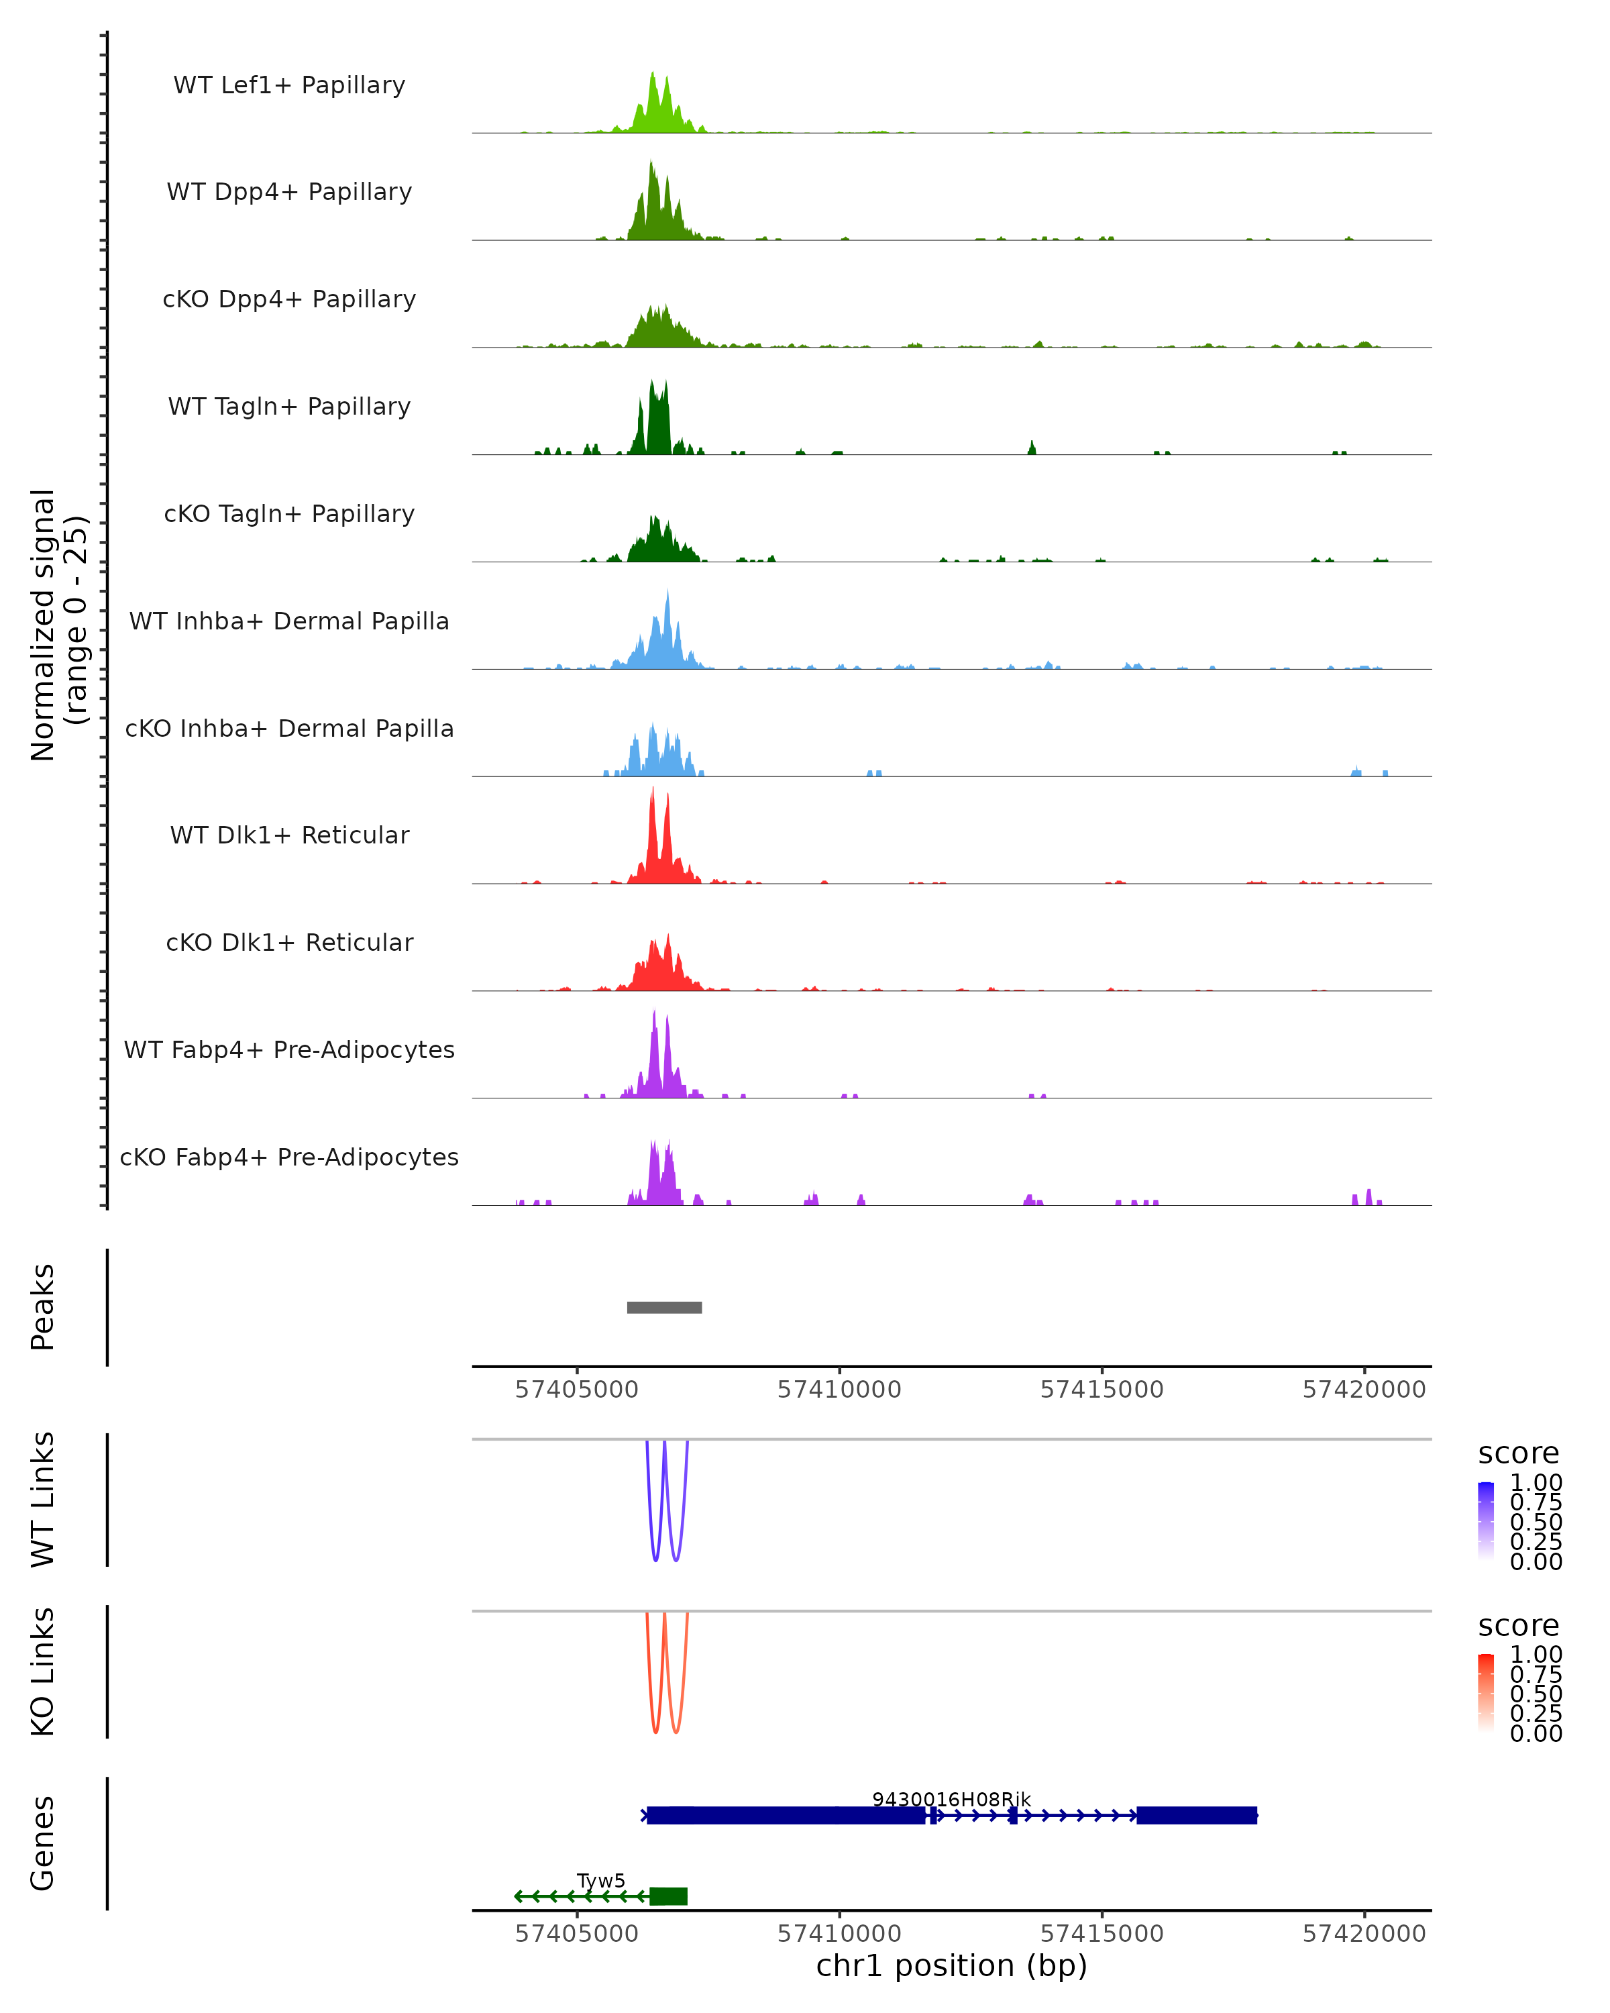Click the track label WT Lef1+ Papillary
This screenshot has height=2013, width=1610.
point(289,85)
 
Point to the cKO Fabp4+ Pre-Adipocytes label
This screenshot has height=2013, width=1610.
point(289,1157)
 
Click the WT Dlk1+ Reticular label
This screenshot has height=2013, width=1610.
point(289,835)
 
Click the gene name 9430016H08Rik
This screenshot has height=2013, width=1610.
point(951,1799)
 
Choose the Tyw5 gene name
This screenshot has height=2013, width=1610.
point(601,1880)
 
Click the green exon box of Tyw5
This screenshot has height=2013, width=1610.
point(668,1896)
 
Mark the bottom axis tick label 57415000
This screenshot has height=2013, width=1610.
point(1102,1934)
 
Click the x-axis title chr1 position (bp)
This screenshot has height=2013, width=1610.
point(951,1966)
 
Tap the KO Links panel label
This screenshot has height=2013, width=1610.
point(43,1671)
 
